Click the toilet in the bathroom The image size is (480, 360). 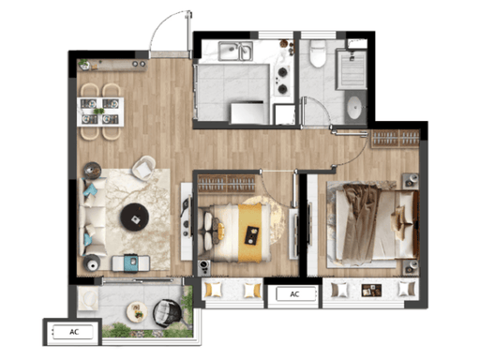pyautogui.click(x=318, y=53)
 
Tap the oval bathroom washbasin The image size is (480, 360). pyautogui.click(x=354, y=108)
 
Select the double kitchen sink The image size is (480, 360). pyautogui.click(x=235, y=51)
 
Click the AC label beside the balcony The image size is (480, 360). pyautogui.click(x=74, y=332)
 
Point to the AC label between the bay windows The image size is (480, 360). pyautogui.click(x=294, y=294)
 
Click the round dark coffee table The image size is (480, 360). pyautogui.click(x=135, y=217)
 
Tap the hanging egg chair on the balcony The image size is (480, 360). pyautogui.click(x=167, y=313)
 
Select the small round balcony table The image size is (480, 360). pyautogui.click(x=137, y=311)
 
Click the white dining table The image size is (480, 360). pyautogui.click(x=100, y=112)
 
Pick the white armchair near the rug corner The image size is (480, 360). pyautogui.click(x=143, y=168)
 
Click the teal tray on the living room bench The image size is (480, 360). pyautogui.click(x=131, y=262)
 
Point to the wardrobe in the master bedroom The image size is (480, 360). pyautogui.click(x=396, y=138)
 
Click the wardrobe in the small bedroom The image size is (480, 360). pyautogui.click(x=227, y=184)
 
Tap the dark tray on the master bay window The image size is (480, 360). pyautogui.click(x=371, y=291)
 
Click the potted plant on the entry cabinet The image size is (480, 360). pyautogui.click(x=83, y=64)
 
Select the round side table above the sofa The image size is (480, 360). pyautogui.click(x=92, y=171)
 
